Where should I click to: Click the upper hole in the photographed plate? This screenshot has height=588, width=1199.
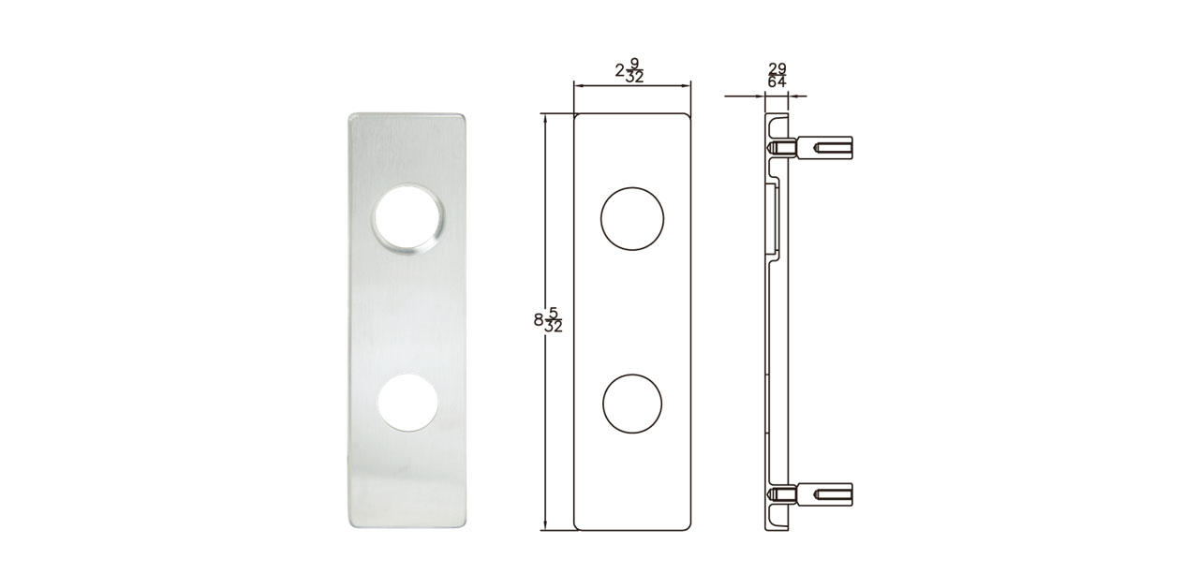pyautogui.click(x=409, y=218)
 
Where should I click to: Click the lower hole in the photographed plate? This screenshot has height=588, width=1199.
pyautogui.click(x=407, y=403)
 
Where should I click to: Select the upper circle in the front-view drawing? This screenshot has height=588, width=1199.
pyautogui.click(x=632, y=218)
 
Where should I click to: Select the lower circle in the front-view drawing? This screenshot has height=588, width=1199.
pyautogui.click(x=632, y=404)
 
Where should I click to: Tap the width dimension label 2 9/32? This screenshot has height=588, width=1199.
pyautogui.click(x=629, y=70)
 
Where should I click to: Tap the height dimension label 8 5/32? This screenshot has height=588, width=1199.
pyautogui.click(x=549, y=320)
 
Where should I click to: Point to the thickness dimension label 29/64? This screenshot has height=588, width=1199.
pyautogui.click(x=777, y=76)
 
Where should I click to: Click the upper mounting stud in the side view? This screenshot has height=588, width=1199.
pyautogui.click(x=810, y=147)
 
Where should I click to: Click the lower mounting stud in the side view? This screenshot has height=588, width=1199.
pyautogui.click(x=810, y=494)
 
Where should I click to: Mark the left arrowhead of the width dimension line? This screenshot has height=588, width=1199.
pyautogui.click(x=578, y=85)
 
